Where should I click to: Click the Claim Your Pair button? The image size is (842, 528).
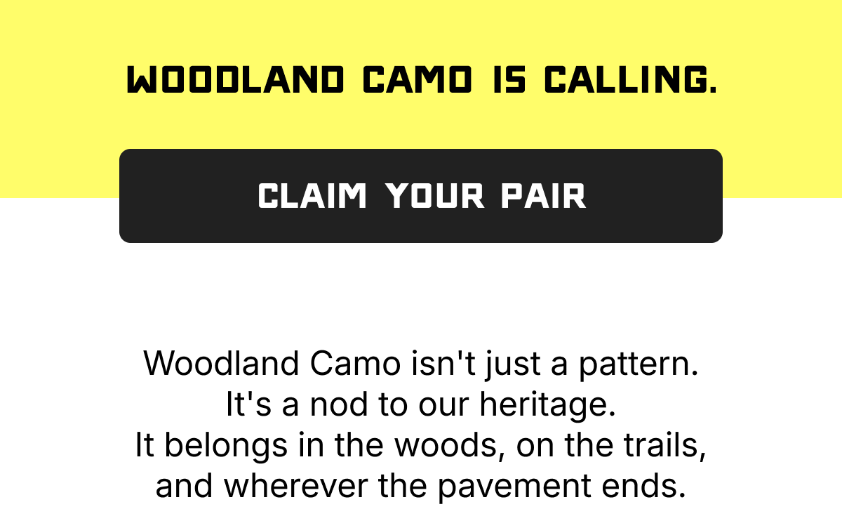click(x=421, y=196)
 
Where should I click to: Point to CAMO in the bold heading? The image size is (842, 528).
click(x=417, y=79)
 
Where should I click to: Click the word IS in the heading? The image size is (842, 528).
click(x=509, y=79)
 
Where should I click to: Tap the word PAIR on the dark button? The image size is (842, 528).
click(x=544, y=196)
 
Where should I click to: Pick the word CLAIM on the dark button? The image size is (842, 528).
click(x=312, y=196)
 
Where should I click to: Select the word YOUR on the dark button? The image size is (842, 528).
click(x=435, y=196)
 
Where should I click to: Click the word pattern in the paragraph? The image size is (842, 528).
click(x=639, y=364)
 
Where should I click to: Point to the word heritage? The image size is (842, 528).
click(x=548, y=404)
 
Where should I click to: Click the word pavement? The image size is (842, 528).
click(x=514, y=487)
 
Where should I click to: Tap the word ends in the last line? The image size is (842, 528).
click(x=643, y=485)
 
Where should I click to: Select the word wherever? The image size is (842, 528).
click(x=295, y=485)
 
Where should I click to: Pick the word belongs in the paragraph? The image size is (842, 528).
click(x=226, y=446)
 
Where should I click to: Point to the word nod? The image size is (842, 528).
click(x=339, y=404)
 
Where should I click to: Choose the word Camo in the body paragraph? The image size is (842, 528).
click(x=356, y=363)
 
